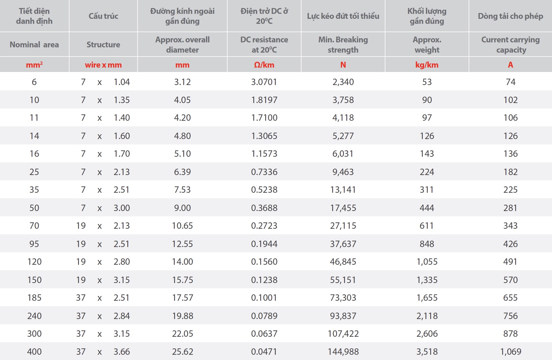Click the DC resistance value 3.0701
(x=264, y=82)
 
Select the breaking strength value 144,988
(x=343, y=352)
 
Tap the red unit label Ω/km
(x=264, y=65)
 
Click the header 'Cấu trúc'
(x=103, y=16)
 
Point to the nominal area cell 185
(x=34, y=298)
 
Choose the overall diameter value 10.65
(x=182, y=226)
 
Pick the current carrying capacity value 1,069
(x=510, y=352)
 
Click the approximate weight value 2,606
(x=427, y=334)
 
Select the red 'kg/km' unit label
(x=427, y=65)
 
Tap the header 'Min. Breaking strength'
(x=343, y=45)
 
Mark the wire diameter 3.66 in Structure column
(x=122, y=352)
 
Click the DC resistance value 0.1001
(x=264, y=298)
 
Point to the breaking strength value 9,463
(x=343, y=172)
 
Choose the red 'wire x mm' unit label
(x=103, y=65)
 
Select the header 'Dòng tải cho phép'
(x=510, y=16)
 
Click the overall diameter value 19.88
(x=182, y=316)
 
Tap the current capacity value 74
(x=510, y=82)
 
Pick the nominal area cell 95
(x=34, y=244)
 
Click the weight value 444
(x=427, y=208)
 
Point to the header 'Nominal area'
(x=34, y=45)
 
